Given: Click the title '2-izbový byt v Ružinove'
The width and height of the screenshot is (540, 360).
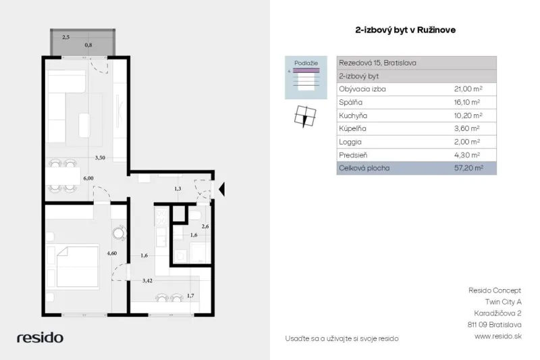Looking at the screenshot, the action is click(406, 30).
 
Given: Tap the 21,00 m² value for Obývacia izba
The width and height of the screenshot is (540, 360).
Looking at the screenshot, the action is click(468, 89).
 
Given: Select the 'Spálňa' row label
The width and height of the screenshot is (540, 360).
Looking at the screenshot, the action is click(350, 102).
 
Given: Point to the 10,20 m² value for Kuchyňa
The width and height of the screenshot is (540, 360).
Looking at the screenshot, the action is click(468, 115).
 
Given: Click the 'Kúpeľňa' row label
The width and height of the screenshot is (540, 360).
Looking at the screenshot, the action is click(352, 128).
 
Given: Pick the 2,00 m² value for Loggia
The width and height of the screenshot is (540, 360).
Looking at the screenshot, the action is click(467, 142).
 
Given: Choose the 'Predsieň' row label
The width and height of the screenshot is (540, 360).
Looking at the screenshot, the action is click(353, 155).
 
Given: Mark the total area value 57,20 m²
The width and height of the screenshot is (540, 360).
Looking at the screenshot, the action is click(468, 168).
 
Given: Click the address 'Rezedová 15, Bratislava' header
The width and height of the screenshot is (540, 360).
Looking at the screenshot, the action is click(377, 63).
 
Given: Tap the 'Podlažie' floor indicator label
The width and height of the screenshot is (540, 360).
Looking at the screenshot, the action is click(306, 63).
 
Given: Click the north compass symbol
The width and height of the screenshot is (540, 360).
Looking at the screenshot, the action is click(305, 116).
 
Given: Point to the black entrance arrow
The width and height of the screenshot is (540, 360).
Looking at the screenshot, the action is click(222, 189).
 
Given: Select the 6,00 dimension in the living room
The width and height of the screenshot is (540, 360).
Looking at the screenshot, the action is click(88, 178).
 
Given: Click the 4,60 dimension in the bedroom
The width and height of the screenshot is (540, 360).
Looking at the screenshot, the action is click(111, 253).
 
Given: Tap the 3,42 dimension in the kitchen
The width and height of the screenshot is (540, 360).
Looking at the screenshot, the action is click(147, 281).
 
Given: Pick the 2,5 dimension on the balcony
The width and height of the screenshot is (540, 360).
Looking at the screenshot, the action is click(65, 37).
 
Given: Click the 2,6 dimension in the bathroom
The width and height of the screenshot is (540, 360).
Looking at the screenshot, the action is click(205, 226).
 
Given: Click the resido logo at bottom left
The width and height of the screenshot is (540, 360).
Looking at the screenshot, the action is click(40, 337).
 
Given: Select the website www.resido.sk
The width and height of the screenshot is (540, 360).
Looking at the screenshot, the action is click(498, 336).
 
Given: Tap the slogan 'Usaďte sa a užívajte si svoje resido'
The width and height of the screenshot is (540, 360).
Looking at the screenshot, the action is click(342, 338).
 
